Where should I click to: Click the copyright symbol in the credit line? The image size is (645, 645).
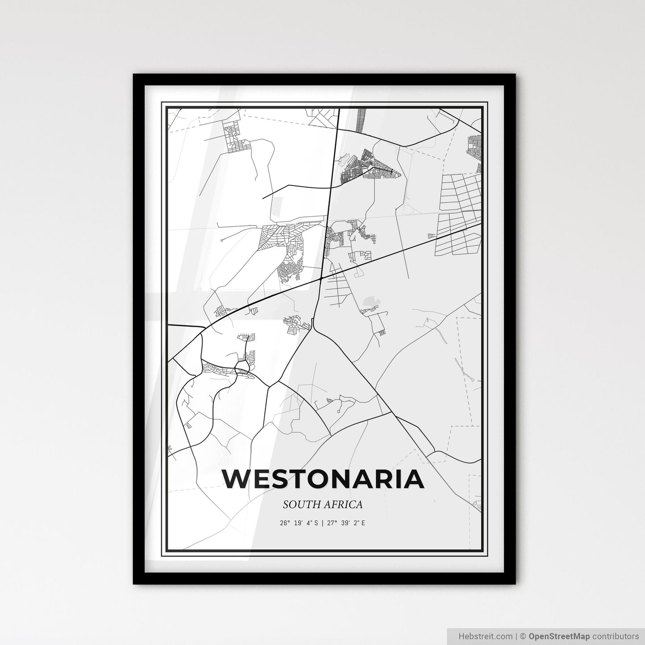[x=524, y=636]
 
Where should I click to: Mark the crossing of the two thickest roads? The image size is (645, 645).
[x=321, y=279]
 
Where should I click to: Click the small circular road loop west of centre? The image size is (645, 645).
[x=242, y=368]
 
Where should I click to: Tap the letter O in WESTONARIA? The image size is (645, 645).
[x=315, y=479]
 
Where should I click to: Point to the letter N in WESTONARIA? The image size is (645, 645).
[x=340, y=479]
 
